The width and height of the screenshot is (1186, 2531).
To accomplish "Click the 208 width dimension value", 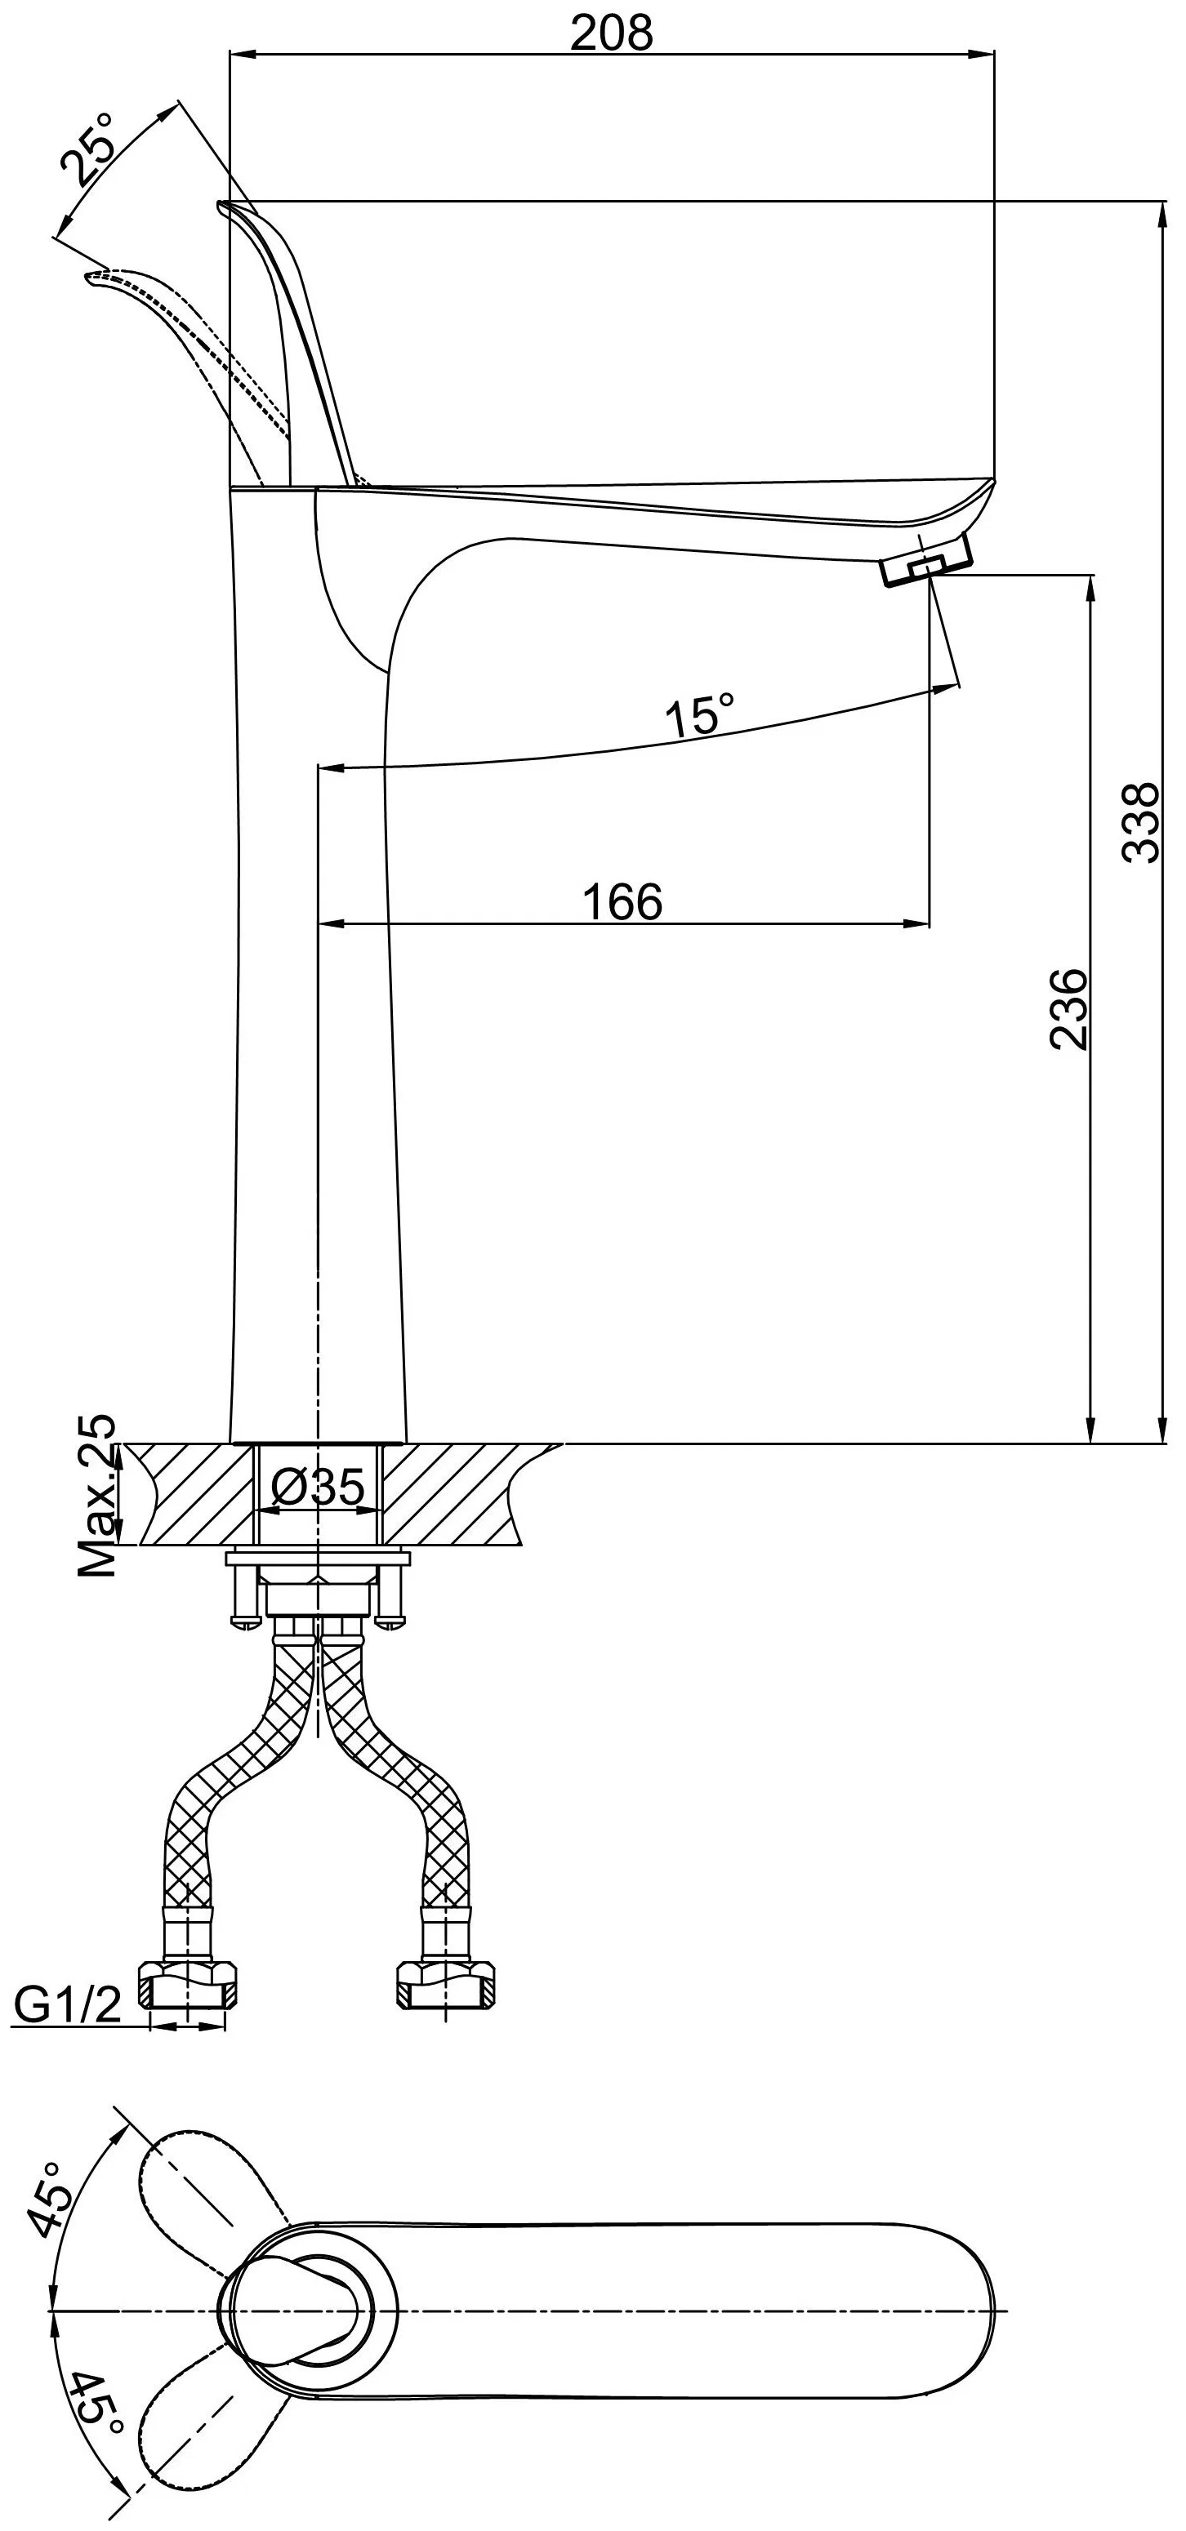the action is [611, 33].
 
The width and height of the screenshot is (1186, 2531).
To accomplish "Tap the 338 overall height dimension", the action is [1142, 822].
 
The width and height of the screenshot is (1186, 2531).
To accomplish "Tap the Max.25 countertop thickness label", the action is [97, 1497].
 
